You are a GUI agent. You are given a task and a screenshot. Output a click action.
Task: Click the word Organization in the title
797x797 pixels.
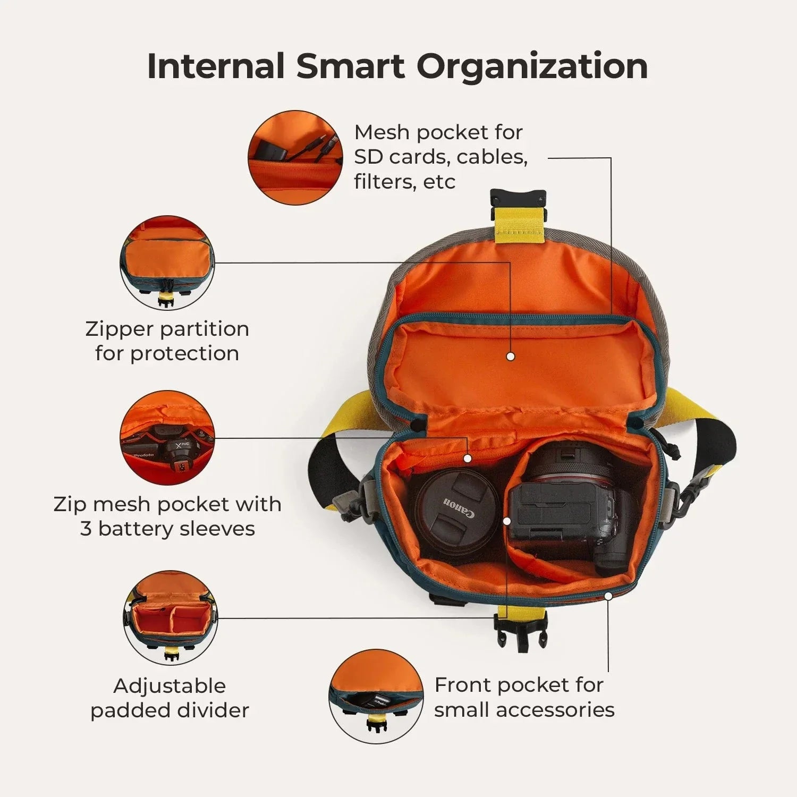[532, 67]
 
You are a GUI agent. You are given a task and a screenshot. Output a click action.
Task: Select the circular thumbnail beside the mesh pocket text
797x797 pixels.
[295, 158]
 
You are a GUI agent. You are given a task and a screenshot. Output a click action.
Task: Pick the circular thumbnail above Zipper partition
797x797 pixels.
[167, 263]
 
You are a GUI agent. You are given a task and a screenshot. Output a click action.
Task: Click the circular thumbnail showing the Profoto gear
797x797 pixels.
[167, 438]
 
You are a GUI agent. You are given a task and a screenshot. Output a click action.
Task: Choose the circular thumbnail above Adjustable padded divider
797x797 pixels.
[171, 618]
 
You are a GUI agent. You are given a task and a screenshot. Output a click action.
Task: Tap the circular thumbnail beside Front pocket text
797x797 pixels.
[376, 696]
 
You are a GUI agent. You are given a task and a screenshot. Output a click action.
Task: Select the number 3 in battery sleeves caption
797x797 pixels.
[86, 529]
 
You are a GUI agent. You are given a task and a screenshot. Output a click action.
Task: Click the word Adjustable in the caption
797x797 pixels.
[169, 686]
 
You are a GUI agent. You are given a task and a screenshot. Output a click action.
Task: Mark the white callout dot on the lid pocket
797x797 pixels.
[511, 357]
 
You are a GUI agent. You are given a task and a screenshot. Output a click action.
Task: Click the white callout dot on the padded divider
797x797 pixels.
[507, 521]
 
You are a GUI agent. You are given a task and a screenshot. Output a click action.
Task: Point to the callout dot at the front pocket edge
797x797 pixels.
[608, 596]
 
